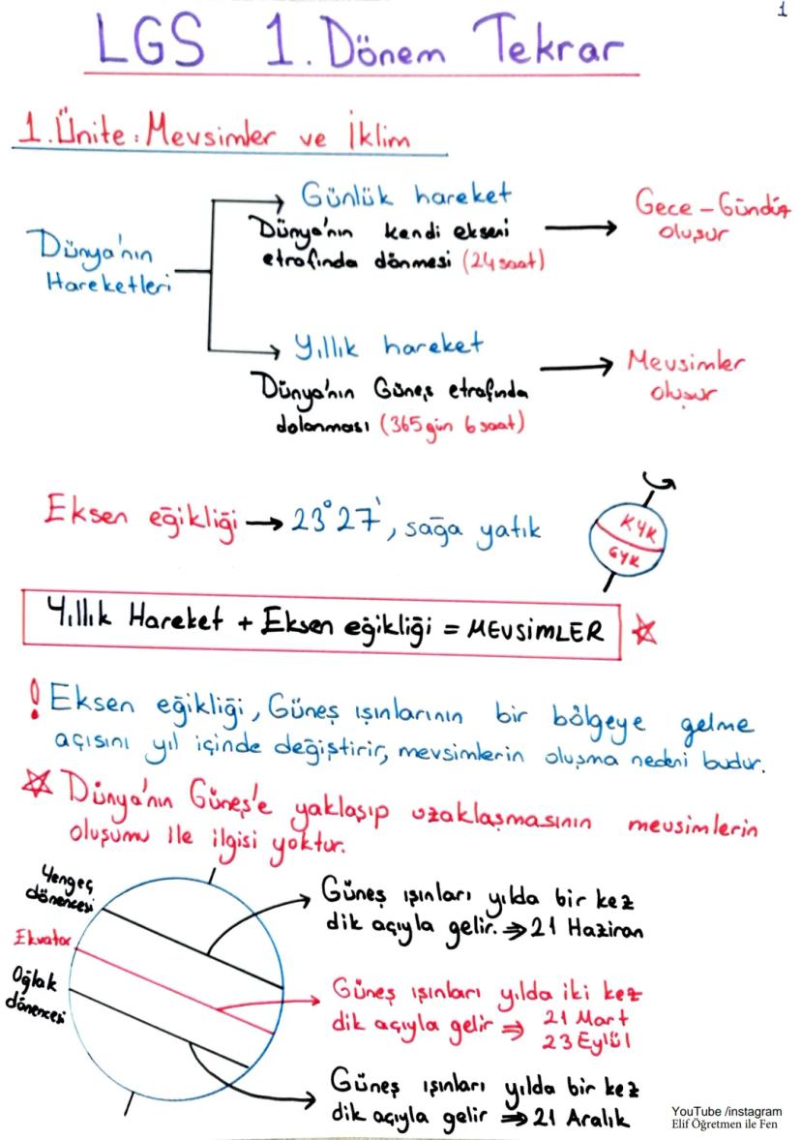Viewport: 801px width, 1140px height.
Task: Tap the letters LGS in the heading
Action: click(x=150, y=42)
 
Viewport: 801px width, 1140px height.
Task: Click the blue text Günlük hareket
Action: click(x=405, y=195)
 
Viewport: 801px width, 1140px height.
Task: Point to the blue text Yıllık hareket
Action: click(x=388, y=346)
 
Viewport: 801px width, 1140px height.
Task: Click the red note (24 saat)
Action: click(x=503, y=260)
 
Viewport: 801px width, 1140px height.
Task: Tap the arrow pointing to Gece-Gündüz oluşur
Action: click(x=580, y=228)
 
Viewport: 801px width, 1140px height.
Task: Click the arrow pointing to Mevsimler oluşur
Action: click(x=576, y=367)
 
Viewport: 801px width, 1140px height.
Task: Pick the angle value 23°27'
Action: click(x=336, y=519)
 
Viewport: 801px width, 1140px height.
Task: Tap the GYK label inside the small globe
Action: click(x=624, y=557)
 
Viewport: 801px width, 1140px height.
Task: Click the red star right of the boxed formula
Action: click(x=643, y=630)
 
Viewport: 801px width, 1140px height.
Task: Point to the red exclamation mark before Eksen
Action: click(x=34, y=700)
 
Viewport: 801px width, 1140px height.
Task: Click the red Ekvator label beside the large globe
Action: click(x=43, y=938)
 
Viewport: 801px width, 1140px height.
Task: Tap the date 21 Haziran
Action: click(x=586, y=928)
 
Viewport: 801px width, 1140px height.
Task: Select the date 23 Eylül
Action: click(x=586, y=1040)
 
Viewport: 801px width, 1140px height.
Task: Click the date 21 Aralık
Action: click(x=580, y=1118)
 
